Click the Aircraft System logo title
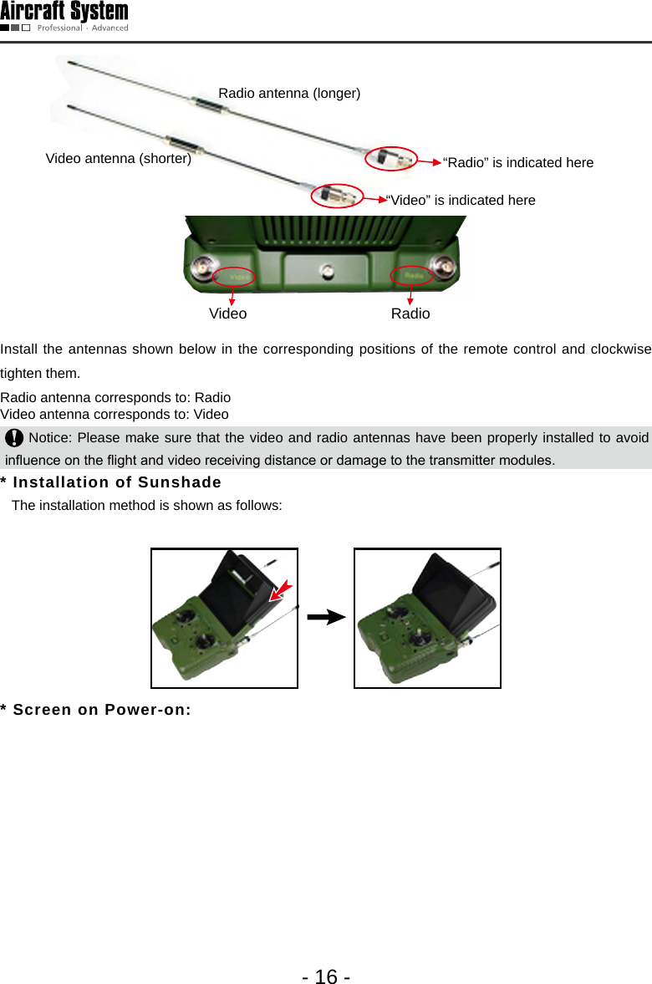click(64, 12)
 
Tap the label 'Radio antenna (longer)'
click(289, 94)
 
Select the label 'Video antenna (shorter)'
click(118, 158)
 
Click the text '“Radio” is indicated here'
click(517, 162)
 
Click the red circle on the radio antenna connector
click(390, 158)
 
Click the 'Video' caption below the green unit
click(227, 314)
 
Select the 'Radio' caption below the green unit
click(410, 314)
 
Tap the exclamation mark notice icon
click(14, 438)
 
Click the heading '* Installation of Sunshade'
click(111, 482)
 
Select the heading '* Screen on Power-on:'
click(96, 710)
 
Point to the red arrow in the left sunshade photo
click(282, 589)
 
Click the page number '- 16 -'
click(326, 976)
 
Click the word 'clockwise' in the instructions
click(620, 349)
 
